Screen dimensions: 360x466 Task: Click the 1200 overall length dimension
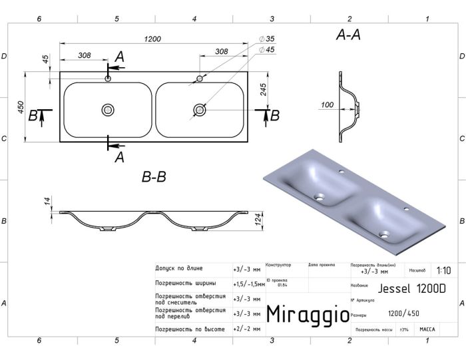click(x=152, y=39)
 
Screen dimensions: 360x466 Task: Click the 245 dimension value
click(x=264, y=90)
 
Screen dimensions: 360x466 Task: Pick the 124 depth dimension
click(x=258, y=220)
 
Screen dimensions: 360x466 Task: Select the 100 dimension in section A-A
click(x=327, y=105)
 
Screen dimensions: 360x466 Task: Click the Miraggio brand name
click(x=307, y=313)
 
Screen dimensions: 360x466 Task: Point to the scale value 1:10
click(x=443, y=271)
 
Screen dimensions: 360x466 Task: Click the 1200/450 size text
click(x=403, y=313)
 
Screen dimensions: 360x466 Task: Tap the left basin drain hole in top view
click(x=108, y=109)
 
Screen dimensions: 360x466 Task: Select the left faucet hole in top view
click(x=108, y=79)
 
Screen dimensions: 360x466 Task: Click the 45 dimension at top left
click(x=45, y=59)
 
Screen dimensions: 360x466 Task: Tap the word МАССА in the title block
click(x=427, y=329)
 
